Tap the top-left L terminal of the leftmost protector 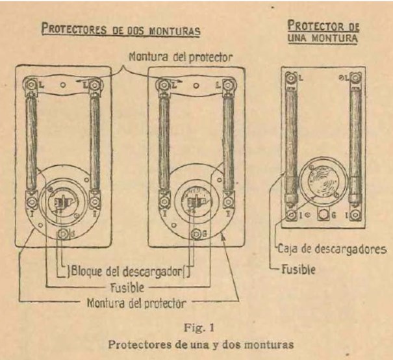[x=29, y=84]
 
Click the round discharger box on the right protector [x=320, y=175]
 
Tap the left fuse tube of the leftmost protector [x=30, y=143]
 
